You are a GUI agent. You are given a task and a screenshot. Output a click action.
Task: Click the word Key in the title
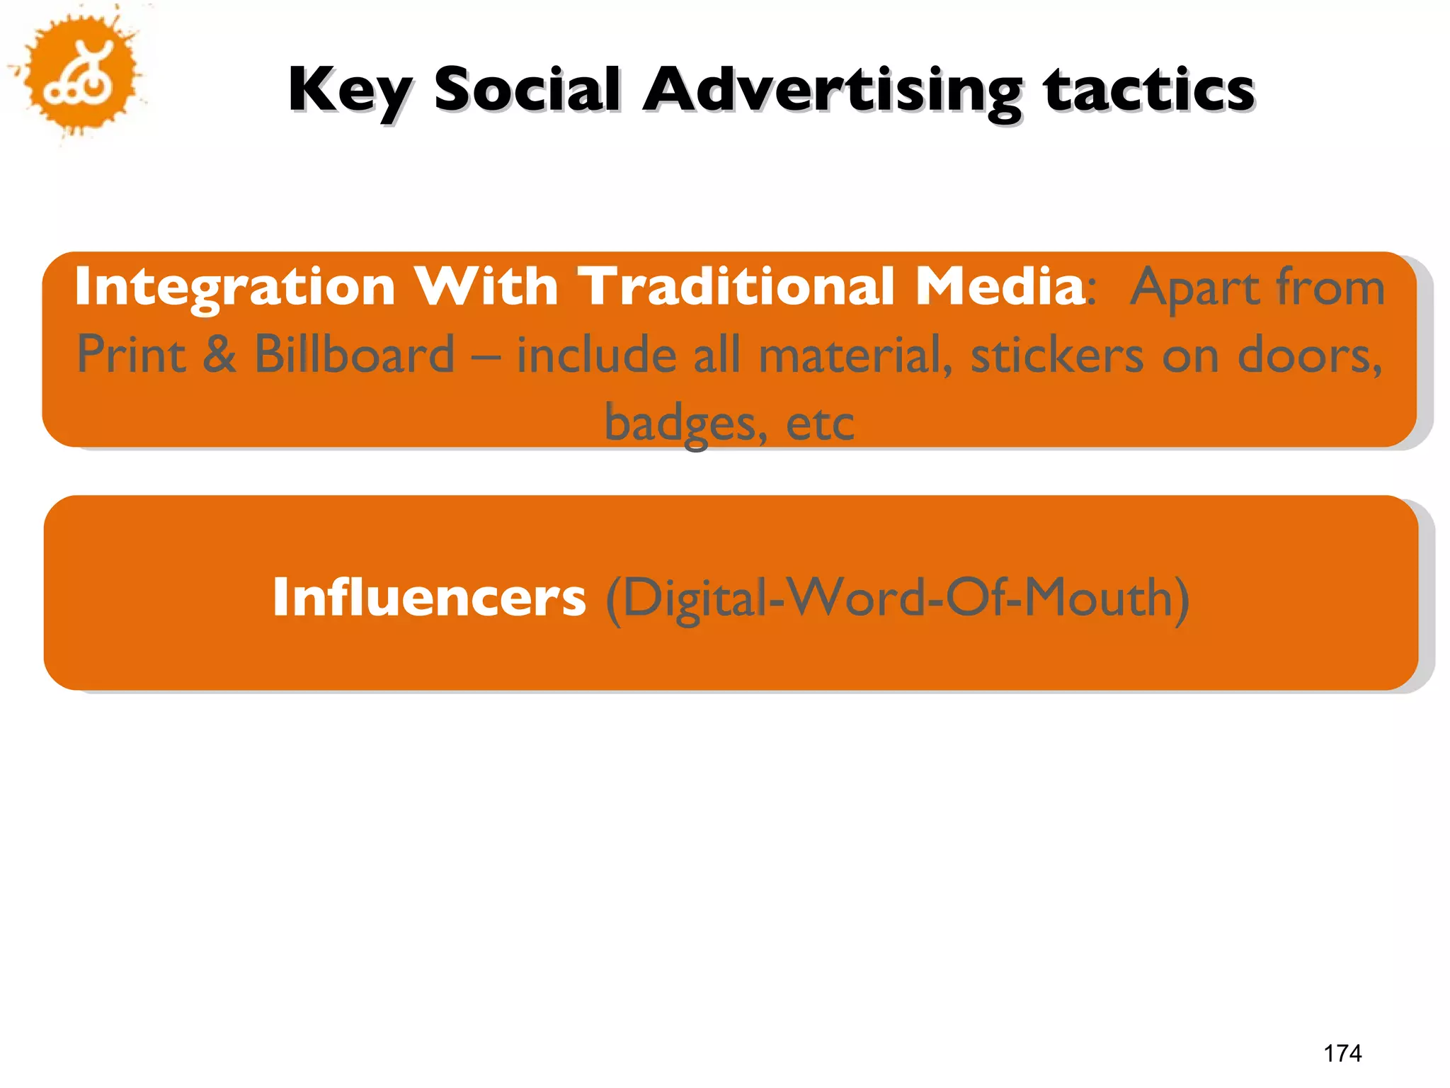(x=349, y=91)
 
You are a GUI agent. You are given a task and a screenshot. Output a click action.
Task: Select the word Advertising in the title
(x=833, y=91)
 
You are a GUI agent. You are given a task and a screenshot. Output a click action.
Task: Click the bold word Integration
(x=234, y=288)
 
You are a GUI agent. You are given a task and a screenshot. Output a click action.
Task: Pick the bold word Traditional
(x=736, y=286)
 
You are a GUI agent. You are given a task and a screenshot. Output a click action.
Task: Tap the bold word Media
(x=1000, y=286)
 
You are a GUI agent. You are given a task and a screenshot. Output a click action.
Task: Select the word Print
(x=132, y=354)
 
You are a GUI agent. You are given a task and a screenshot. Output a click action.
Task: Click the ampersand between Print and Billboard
(x=219, y=354)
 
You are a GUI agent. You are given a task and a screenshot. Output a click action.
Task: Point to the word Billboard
(x=354, y=354)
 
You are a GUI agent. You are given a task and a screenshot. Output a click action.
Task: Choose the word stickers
(x=1056, y=354)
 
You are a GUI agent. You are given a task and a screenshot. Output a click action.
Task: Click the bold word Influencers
(x=429, y=597)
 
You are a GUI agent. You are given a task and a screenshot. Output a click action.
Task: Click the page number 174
(x=1342, y=1053)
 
